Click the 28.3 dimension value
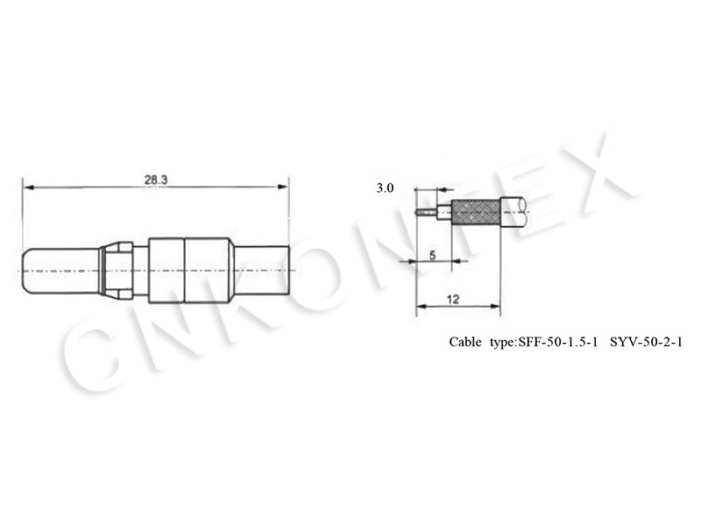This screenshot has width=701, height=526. [156, 180]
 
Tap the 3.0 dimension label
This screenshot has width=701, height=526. [385, 188]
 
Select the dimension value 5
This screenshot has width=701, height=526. [432, 255]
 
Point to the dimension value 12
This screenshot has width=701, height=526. [453, 299]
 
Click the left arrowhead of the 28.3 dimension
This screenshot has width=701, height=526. [28, 187]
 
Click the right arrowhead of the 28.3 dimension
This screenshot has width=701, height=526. [283, 187]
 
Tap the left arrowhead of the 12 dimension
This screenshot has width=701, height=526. [421, 306]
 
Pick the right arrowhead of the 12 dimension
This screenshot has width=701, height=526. [495, 306]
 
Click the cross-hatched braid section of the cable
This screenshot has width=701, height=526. [476, 213]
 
